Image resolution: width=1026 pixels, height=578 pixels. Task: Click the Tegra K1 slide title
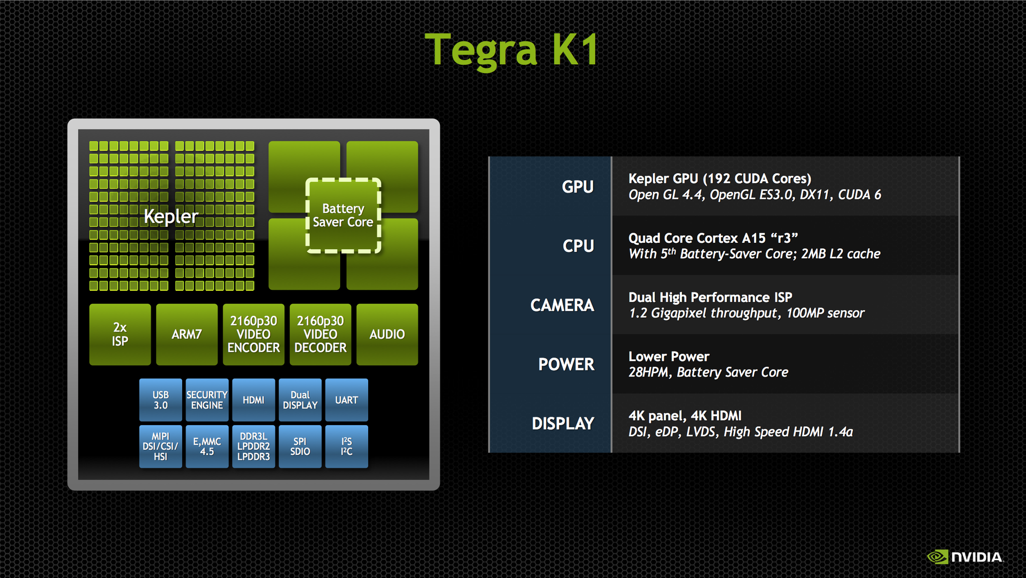click(x=511, y=50)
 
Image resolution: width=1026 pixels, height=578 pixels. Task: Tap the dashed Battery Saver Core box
click(x=343, y=215)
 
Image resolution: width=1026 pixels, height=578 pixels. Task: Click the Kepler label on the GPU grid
click(x=171, y=217)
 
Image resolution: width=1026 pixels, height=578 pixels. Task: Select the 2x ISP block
click(x=120, y=334)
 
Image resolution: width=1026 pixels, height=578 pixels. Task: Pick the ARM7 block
click(x=186, y=334)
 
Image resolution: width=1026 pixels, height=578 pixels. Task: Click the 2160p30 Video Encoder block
click(x=253, y=334)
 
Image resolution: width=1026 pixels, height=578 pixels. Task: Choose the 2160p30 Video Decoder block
click(x=320, y=334)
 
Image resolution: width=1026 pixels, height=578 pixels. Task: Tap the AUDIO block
click(x=387, y=334)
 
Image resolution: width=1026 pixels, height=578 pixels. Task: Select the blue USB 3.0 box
click(x=160, y=400)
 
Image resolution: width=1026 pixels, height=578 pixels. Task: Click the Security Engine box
click(x=207, y=400)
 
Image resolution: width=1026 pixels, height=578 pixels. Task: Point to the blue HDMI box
click(x=253, y=400)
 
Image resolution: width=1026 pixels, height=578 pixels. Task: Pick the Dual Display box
click(x=300, y=400)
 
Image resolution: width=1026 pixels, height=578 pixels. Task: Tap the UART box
click(x=346, y=400)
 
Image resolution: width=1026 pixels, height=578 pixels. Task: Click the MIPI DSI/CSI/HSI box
click(x=160, y=446)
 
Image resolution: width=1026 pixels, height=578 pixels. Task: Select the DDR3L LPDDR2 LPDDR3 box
click(x=253, y=446)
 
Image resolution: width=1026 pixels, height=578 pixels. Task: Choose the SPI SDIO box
click(x=300, y=446)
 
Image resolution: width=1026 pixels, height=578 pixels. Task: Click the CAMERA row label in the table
click(x=562, y=305)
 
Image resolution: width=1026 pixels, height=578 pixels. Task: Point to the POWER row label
click(x=566, y=365)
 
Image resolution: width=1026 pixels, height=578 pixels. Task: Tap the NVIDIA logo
click(x=965, y=557)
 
